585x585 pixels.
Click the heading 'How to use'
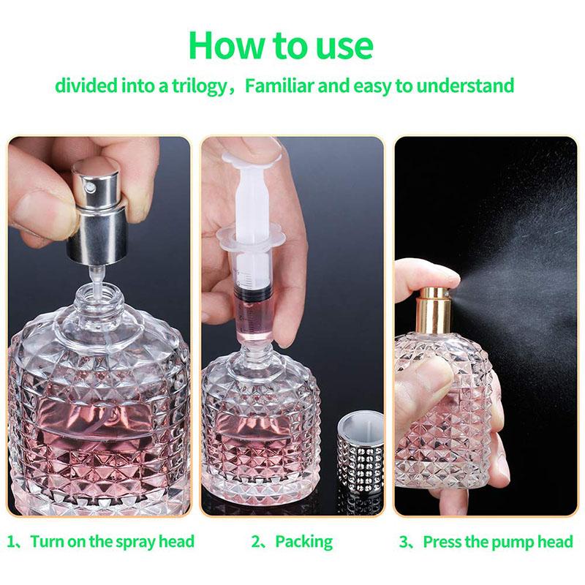point(281,45)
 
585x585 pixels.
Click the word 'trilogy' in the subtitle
point(196,86)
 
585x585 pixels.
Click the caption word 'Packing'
point(303,542)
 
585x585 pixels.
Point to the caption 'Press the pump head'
point(498,542)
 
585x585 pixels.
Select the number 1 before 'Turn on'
point(11,542)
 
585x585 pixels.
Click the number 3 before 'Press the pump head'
point(404,542)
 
